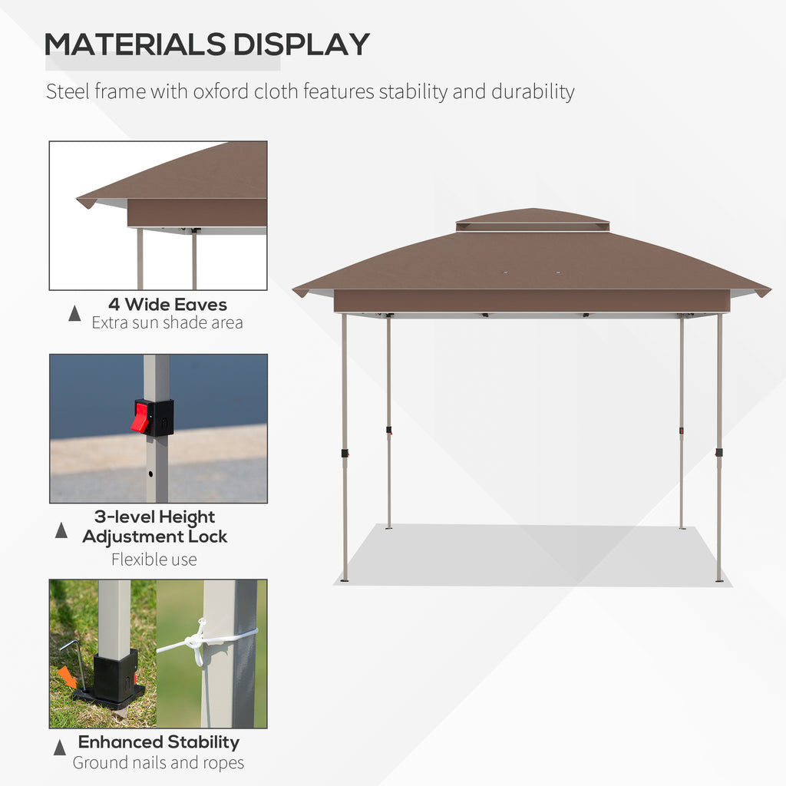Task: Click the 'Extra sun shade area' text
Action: tap(167, 322)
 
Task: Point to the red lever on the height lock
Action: tap(140, 417)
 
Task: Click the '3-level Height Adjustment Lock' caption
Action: tap(155, 527)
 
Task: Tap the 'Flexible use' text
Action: tap(154, 560)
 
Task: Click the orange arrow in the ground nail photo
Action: tap(68, 678)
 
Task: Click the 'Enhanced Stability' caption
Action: tap(159, 742)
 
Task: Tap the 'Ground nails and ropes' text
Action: tap(158, 762)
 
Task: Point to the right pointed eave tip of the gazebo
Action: tap(763, 292)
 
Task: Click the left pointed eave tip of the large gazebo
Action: tap(300, 292)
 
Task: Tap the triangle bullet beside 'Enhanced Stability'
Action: tap(60, 747)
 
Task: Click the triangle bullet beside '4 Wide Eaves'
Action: tap(74, 312)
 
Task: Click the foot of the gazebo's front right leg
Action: tap(719, 580)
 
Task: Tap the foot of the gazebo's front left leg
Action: tap(345, 580)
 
